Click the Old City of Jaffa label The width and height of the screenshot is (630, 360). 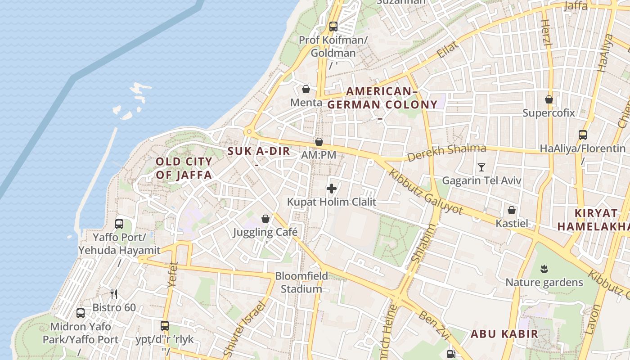(184, 168)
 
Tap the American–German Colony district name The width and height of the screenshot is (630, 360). (382, 98)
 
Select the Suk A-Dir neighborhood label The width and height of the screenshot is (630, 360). (259, 151)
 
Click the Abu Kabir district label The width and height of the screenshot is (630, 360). (504, 334)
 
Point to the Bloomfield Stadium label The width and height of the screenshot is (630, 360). (301, 282)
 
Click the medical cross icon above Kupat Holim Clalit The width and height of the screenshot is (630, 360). (332, 189)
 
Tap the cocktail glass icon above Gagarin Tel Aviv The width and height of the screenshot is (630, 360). (481, 167)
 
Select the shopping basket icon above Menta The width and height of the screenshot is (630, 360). (306, 89)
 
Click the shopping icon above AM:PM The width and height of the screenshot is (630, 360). (319, 142)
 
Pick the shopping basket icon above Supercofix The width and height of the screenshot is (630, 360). (549, 99)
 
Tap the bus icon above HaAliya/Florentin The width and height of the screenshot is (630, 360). (582, 135)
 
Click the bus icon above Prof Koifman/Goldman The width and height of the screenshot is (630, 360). (333, 26)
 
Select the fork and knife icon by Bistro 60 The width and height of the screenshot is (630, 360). (114, 294)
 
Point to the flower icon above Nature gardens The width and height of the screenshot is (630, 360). (544, 269)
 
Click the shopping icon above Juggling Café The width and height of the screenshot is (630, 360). (265, 219)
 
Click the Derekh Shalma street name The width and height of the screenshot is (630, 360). (447, 152)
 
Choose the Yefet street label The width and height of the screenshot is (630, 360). (173, 274)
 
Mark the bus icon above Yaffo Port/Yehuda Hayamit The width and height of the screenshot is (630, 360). (119, 224)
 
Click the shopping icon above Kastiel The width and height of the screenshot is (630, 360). (512, 210)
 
